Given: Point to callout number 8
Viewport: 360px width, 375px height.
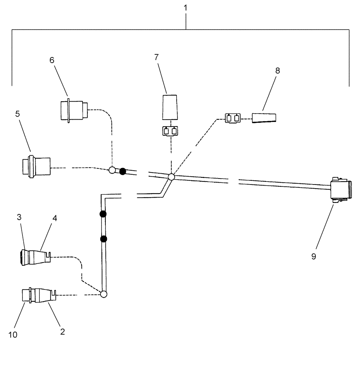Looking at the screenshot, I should click(277, 70).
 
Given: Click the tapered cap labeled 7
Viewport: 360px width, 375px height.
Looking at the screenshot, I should click(170, 107).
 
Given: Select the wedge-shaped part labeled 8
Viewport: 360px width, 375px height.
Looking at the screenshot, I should click(264, 118).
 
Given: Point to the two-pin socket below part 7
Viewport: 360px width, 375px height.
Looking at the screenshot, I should click(170, 132).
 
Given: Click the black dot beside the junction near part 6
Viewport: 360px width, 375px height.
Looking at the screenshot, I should click(122, 171).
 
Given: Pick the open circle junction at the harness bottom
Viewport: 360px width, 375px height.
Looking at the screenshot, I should click(104, 294).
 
